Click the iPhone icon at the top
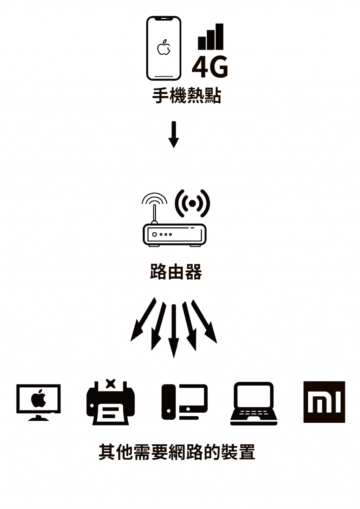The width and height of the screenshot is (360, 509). coord(163,48)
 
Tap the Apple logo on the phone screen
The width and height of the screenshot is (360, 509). coord(163,48)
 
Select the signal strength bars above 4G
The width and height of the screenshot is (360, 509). coord(211,37)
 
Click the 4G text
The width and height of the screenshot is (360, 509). coord(210,67)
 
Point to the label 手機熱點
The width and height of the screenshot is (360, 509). coord(187,96)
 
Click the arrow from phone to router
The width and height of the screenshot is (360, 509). coord(174,134)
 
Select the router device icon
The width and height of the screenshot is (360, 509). coord(174,235)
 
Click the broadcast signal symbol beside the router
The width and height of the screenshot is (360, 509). coord(192,203)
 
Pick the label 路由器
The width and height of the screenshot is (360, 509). coord(176,272)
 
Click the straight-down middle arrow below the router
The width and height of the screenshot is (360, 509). coord(174,331)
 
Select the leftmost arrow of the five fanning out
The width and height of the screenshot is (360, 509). coord(142,320)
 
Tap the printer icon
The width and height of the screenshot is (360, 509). coord(110,405)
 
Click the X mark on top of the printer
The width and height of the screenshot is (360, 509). coord(110,383)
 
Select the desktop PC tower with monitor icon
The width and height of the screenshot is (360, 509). coord(185,402)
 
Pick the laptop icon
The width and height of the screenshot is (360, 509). coord(253,403)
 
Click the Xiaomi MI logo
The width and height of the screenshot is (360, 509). coord(324,402)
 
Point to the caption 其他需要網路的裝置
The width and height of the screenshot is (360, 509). coord(177,452)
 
